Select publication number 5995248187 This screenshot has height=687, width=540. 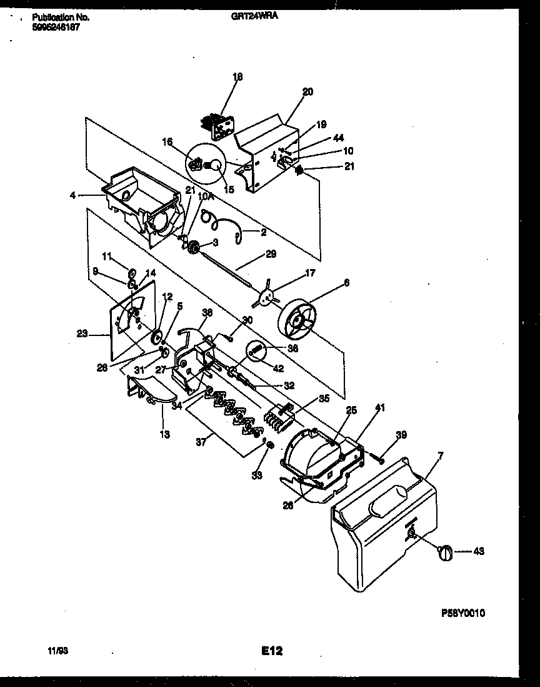coord(56,28)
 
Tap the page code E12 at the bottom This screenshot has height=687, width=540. coord(272,651)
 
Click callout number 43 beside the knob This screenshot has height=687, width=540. coord(479,552)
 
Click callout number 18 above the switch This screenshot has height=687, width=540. coord(237,77)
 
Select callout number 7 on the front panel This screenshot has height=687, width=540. coord(440,454)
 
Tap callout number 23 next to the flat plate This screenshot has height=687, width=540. coord(82,333)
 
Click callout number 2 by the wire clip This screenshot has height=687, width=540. coord(263,232)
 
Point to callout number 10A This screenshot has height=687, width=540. coord(204,196)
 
